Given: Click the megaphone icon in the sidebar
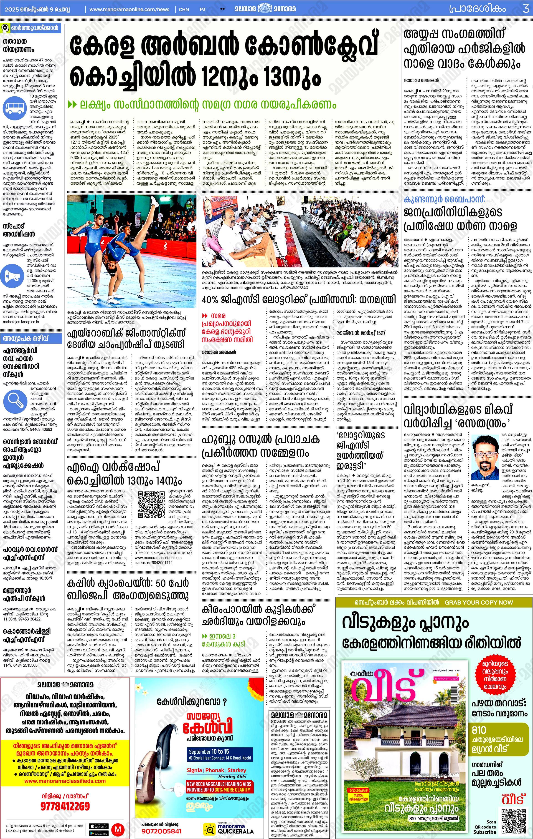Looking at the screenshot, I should [x=12, y=276].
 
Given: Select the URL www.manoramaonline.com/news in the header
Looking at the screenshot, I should [x=129, y=9].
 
